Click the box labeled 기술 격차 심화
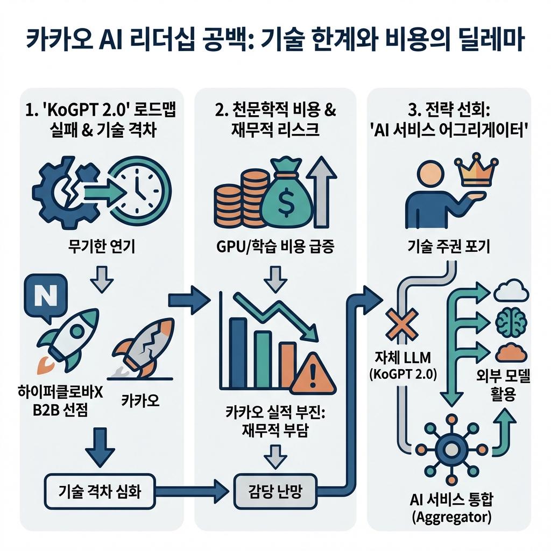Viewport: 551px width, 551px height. [x=99, y=491]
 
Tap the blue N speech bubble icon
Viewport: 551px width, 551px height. [x=45, y=294]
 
